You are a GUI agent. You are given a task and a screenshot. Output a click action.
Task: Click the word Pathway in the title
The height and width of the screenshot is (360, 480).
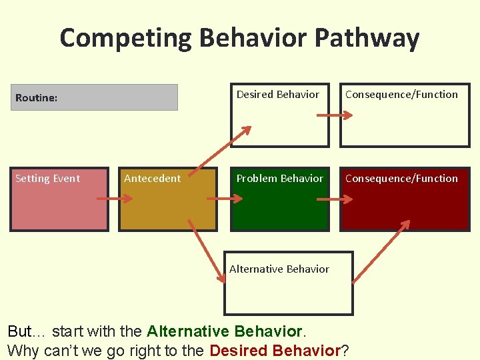[x=366, y=38]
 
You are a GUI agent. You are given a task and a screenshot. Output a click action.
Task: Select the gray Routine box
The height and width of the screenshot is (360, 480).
[x=94, y=97]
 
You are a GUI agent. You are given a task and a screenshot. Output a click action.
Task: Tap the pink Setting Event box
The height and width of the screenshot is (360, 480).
[x=59, y=200]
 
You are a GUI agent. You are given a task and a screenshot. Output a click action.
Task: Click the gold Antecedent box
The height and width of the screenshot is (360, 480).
[x=168, y=200]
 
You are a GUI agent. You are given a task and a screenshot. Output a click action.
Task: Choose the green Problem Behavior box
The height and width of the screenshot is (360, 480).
[x=280, y=200]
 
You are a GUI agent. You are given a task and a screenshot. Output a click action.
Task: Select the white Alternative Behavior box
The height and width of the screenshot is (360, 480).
[x=288, y=283]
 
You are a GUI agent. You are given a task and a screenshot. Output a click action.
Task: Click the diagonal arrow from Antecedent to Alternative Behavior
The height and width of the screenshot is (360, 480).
[x=207, y=247]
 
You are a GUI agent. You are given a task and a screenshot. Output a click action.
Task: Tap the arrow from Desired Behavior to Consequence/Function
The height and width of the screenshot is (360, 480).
[x=334, y=115]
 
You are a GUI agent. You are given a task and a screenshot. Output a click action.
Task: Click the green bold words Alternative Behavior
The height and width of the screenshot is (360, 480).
[x=225, y=331]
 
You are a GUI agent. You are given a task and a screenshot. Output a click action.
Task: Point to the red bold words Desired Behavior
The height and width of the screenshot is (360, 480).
[x=275, y=350]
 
